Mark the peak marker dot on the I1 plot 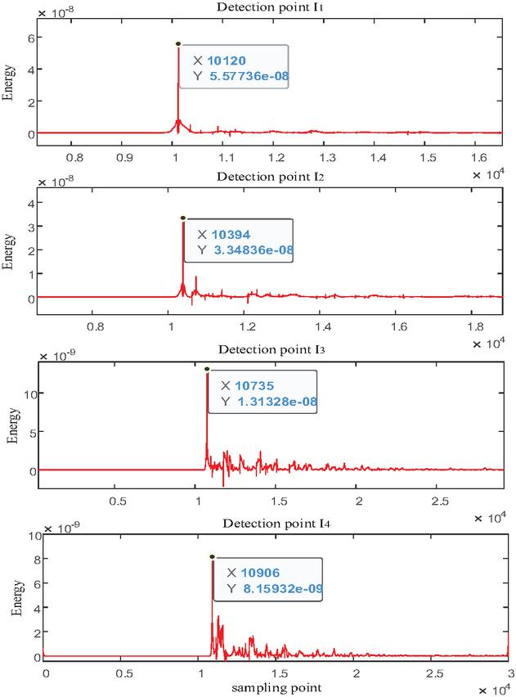177,44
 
